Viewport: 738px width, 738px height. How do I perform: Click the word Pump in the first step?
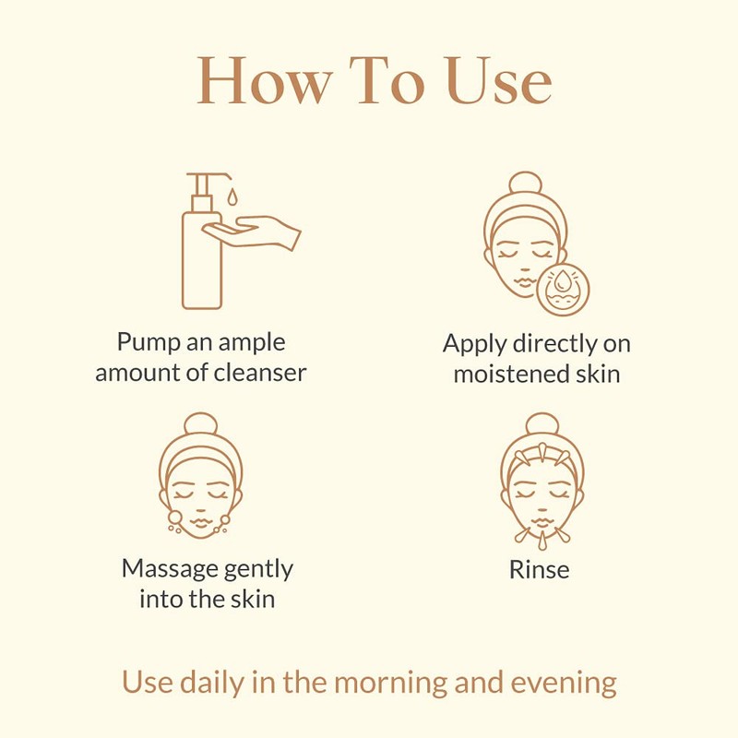pos(144,342)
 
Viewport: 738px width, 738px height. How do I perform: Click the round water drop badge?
pos(562,287)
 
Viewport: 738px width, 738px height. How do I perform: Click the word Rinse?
pos(539,569)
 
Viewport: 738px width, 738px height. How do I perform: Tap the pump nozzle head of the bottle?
pos(202,177)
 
